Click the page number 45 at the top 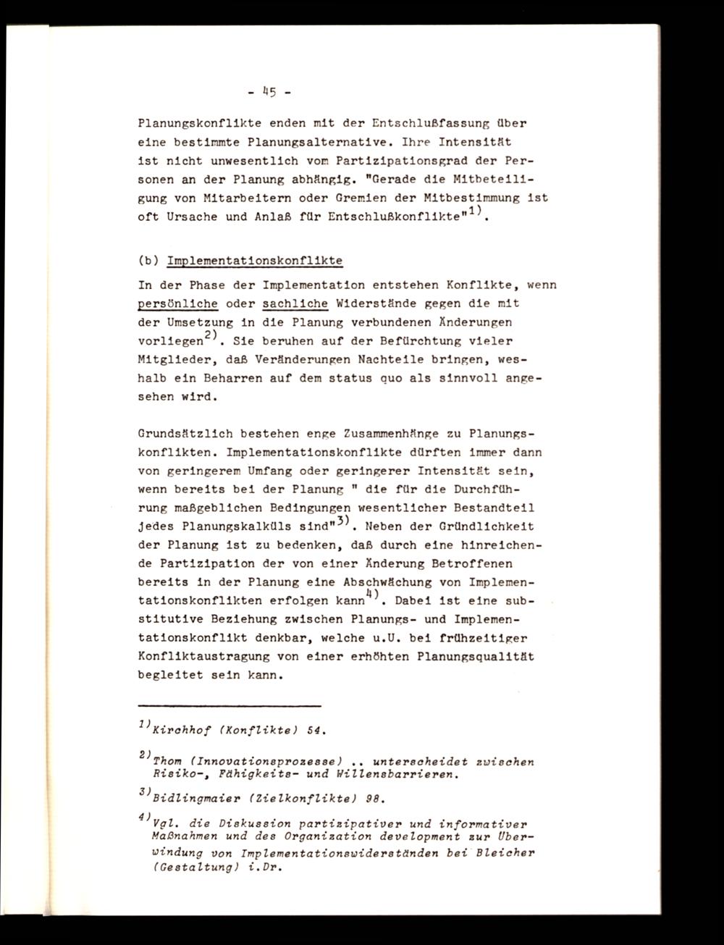coord(268,92)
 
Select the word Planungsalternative coord(310,143)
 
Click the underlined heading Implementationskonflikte coord(254,261)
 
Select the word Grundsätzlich coord(182,434)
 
